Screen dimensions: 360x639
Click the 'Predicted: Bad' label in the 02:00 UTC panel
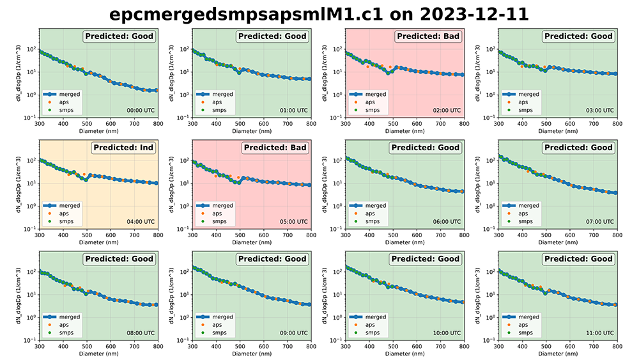[428, 36]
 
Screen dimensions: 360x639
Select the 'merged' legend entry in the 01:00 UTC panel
[222, 94]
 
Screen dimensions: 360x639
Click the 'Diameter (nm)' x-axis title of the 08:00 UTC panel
[98, 354]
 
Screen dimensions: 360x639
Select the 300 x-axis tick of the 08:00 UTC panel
[39, 346]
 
